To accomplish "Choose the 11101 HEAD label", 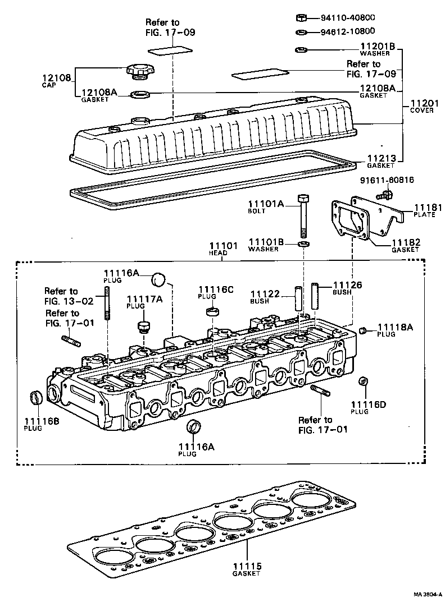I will point(224,249).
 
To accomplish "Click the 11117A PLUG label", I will point(144,302).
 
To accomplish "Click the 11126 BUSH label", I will point(347,288).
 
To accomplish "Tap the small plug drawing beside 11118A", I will point(362,330).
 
